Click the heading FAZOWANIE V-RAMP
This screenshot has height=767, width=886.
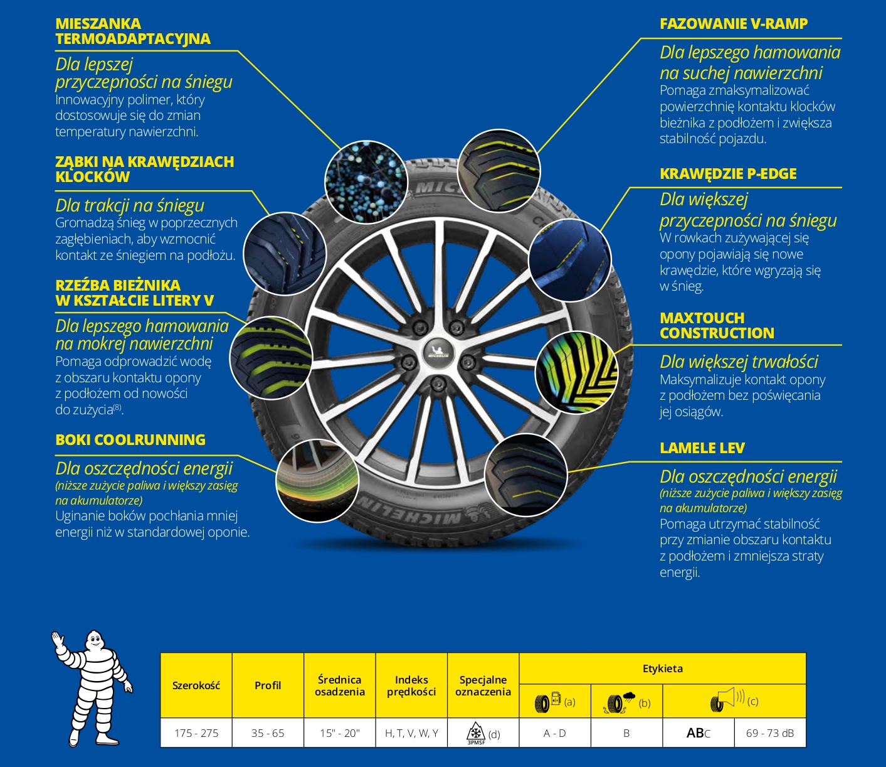click(733, 24)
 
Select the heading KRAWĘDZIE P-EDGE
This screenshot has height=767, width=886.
click(727, 174)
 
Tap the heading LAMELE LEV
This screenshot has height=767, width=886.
click(702, 448)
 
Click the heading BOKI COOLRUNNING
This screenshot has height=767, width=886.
click(130, 440)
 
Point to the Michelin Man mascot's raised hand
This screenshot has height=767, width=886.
click(58, 640)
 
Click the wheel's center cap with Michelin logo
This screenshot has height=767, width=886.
click(438, 350)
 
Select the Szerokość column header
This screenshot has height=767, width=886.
click(196, 685)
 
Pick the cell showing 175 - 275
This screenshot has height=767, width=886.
click(196, 733)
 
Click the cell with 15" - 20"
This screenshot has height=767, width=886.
click(339, 733)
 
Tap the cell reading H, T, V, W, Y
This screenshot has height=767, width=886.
click(411, 733)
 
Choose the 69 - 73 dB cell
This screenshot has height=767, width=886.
click(769, 733)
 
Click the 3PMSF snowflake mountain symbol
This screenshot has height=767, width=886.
click(476, 732)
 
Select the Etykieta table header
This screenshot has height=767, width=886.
click(662, 668)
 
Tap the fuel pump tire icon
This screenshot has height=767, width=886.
click(547, 701)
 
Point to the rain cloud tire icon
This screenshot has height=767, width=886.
click(620, 701)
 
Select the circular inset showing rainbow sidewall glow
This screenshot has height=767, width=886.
click(317, 481)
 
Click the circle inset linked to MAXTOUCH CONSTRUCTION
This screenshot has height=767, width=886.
click(576, 373)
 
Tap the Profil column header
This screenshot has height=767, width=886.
click(268, 685)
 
